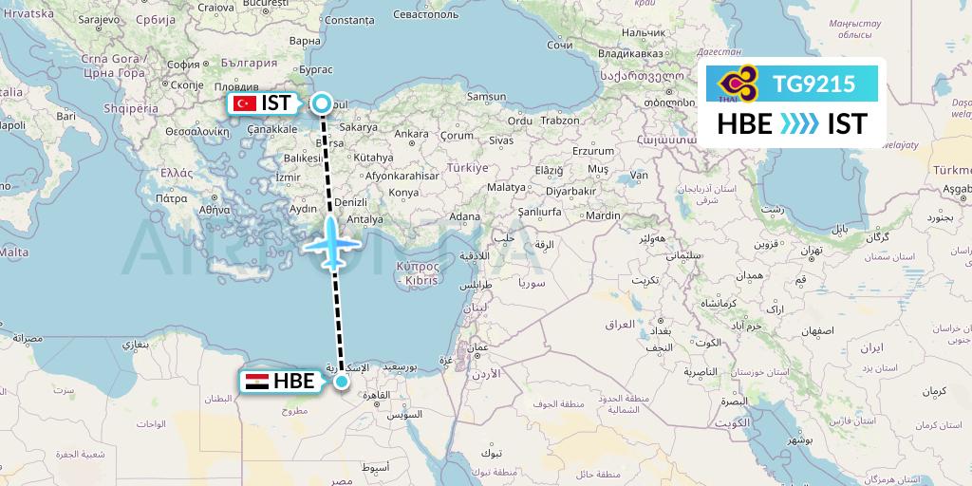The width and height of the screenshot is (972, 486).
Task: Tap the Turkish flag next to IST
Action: point(246,103)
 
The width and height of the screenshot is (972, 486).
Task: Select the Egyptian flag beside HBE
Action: point(256,382)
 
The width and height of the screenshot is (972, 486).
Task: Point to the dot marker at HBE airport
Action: point(341,382)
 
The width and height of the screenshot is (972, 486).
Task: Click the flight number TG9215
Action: point(813,84)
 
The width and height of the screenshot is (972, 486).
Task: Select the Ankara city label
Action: point(411,134)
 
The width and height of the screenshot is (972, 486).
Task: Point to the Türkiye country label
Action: point(466,167)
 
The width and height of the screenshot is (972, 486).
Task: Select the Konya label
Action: point(404,193)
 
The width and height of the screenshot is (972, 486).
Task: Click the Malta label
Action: point(12,252)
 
